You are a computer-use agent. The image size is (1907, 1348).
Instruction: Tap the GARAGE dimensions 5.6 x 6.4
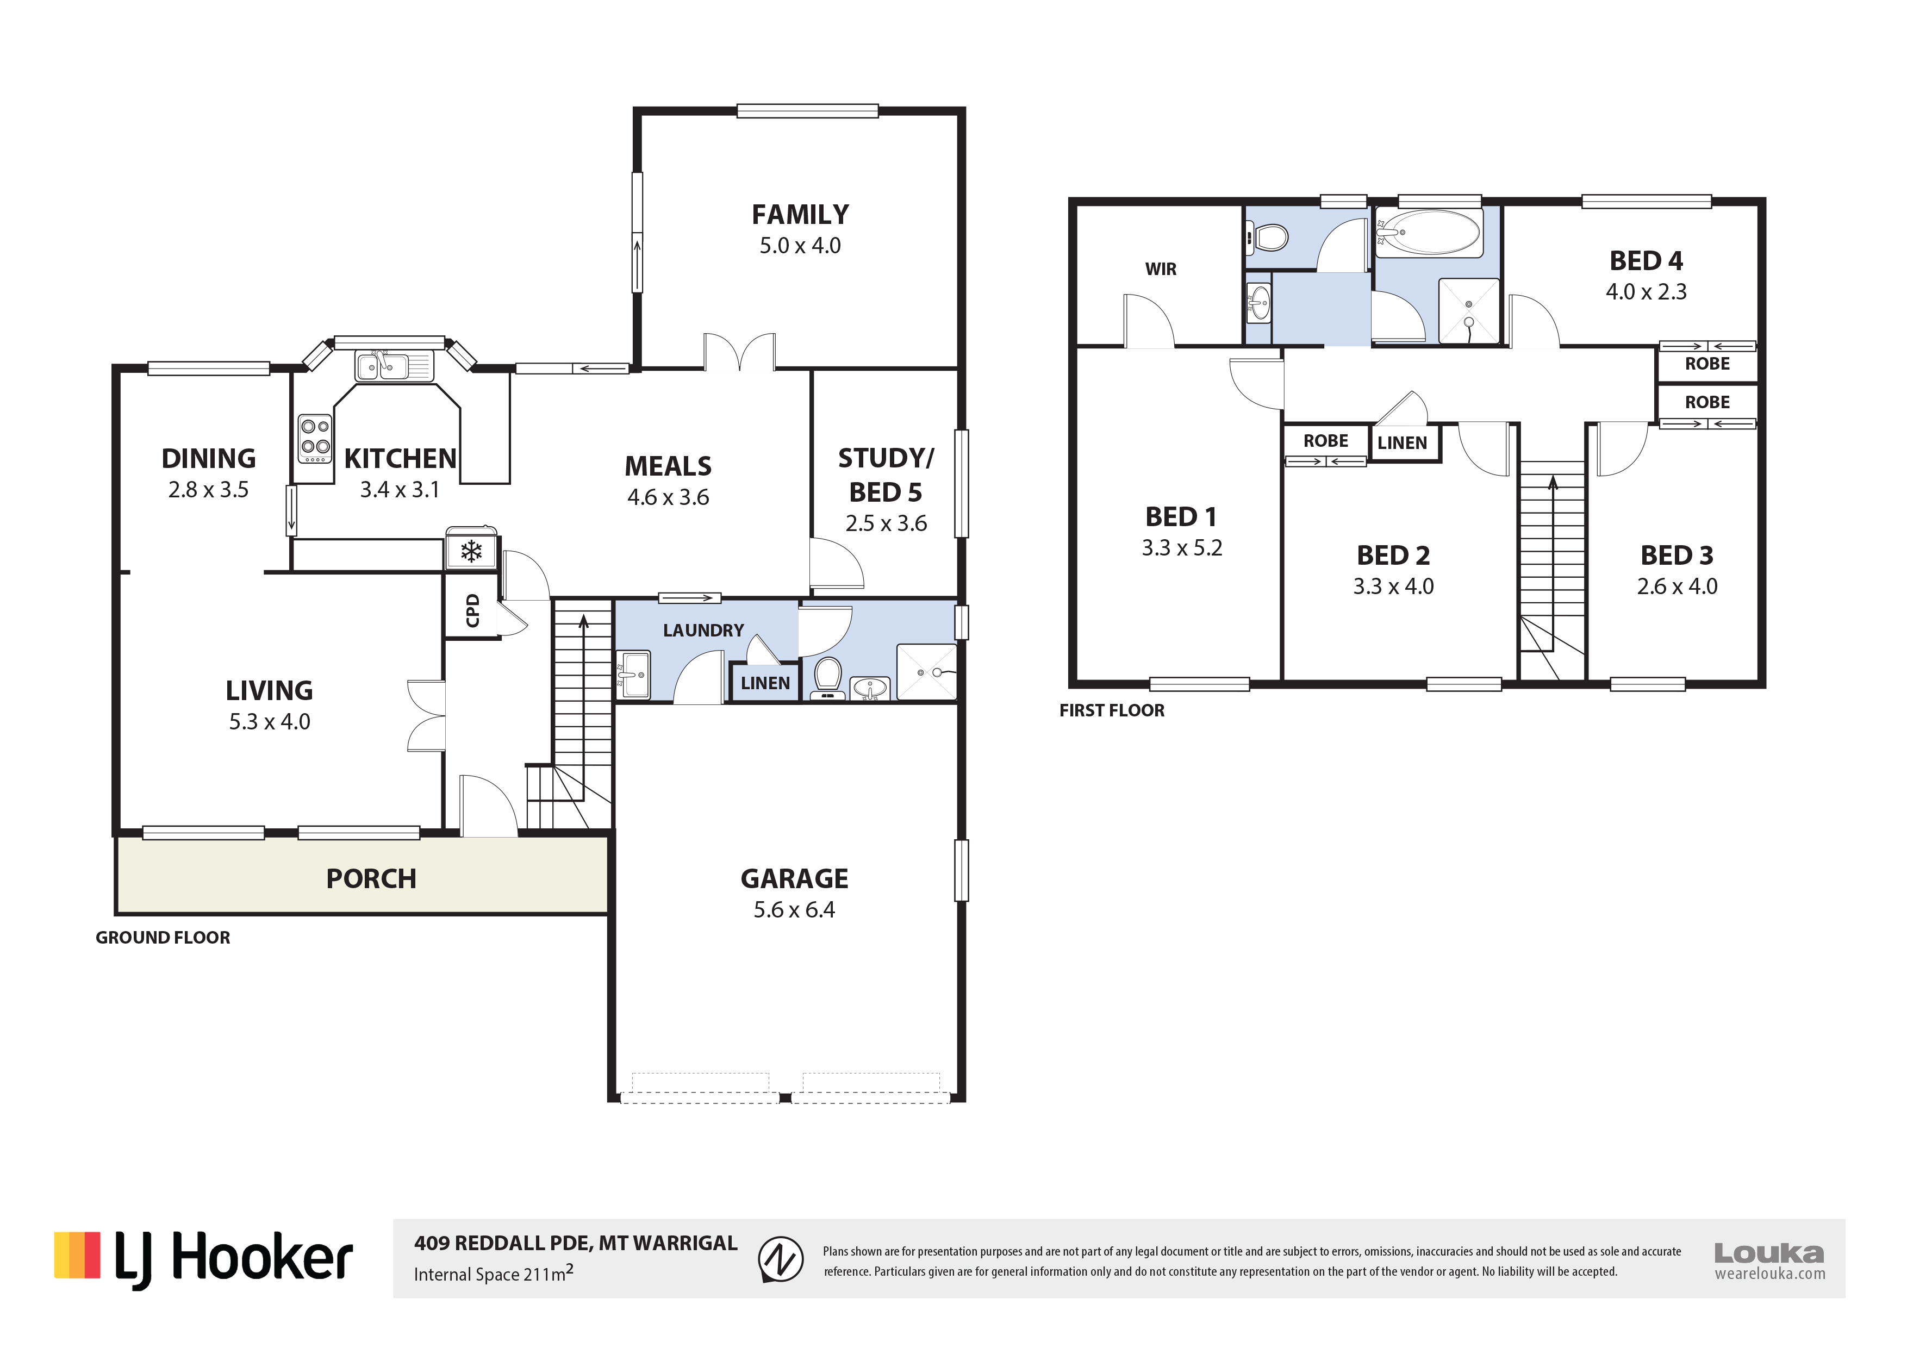(794, 909)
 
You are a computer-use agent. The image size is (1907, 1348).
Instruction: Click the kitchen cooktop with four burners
(315, 438)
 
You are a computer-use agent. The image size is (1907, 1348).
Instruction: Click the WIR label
(1160, 269)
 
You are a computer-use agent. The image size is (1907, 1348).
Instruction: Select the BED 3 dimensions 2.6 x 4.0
(1677, 586)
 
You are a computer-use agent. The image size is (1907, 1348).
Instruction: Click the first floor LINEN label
(1402, 442)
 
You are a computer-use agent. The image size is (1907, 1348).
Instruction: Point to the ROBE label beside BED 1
(1325, 441)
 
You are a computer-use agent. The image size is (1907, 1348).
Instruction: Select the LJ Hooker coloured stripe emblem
(77, 1255)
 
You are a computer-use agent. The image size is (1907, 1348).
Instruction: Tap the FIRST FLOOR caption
(1111, 710)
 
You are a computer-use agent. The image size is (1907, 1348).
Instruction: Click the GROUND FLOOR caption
(163, 938)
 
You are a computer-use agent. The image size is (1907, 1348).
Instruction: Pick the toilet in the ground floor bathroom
(827, 677)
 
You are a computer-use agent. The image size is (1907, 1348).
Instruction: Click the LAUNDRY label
(703, 631)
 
